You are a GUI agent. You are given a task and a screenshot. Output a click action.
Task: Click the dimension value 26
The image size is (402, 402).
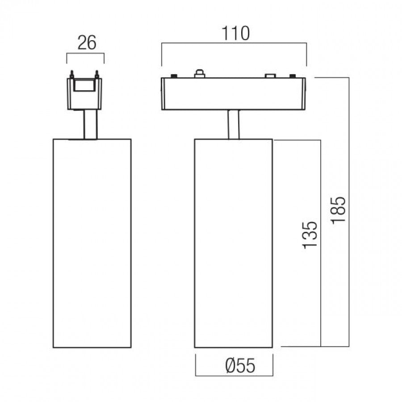(87, 42)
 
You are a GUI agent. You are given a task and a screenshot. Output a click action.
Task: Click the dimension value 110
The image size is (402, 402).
(235, 33)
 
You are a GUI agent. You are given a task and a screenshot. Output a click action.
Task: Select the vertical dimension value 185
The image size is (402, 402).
(338, 210)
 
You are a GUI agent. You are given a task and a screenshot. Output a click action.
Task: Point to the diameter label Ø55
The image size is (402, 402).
(240, 365)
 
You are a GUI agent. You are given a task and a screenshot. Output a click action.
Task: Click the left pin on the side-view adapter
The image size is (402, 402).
(72, 74)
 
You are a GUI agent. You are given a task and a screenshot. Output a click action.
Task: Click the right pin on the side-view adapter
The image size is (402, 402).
(96, 74)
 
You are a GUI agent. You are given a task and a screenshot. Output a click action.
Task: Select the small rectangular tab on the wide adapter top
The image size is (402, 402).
(270, 75)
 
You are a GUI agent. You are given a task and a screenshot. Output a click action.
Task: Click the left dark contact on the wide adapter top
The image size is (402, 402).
(174, 75)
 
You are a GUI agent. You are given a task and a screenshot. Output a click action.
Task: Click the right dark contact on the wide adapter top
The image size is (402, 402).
(293, 75)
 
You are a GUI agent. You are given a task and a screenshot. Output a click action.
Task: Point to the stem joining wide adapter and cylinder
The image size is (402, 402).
(233, 125)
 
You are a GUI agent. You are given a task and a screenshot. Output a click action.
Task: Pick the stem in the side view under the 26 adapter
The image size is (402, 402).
(91, 125)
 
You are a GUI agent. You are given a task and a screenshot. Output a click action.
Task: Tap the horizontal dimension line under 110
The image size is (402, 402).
(234, 43)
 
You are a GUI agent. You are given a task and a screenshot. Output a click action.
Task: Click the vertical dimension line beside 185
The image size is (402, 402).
(349, 212)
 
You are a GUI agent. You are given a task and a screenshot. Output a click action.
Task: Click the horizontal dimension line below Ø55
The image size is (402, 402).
(234, 376)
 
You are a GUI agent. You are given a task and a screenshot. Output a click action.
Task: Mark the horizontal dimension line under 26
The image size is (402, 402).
(85, 53)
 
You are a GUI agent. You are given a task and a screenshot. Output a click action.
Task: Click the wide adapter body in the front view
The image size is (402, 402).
(233, 94)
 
